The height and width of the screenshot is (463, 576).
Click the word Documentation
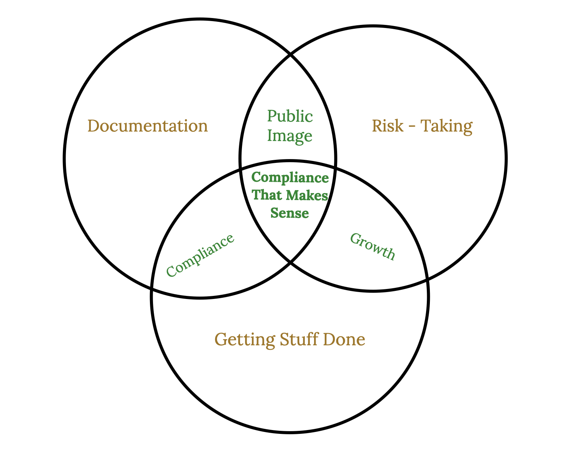[148, 126]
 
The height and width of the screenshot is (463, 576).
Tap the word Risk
[388, 126]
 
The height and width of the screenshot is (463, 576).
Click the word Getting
[245, 340]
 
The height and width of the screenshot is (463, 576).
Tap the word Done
[344, 339]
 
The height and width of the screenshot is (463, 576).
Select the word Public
[290, 117]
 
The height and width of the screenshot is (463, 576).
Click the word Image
[290, 136]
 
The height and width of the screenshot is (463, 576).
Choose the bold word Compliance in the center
[290, 178]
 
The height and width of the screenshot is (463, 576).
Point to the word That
[267, 195]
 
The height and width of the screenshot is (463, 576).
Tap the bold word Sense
[290, 213]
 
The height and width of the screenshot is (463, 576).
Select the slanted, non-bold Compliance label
[200, 255]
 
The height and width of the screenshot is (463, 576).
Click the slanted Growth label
[372, 246]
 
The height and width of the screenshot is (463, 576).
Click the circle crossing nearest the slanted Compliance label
[152, 288]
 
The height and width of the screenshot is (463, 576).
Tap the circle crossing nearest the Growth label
[427, 280]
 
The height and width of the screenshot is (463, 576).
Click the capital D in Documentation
[93, 126]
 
